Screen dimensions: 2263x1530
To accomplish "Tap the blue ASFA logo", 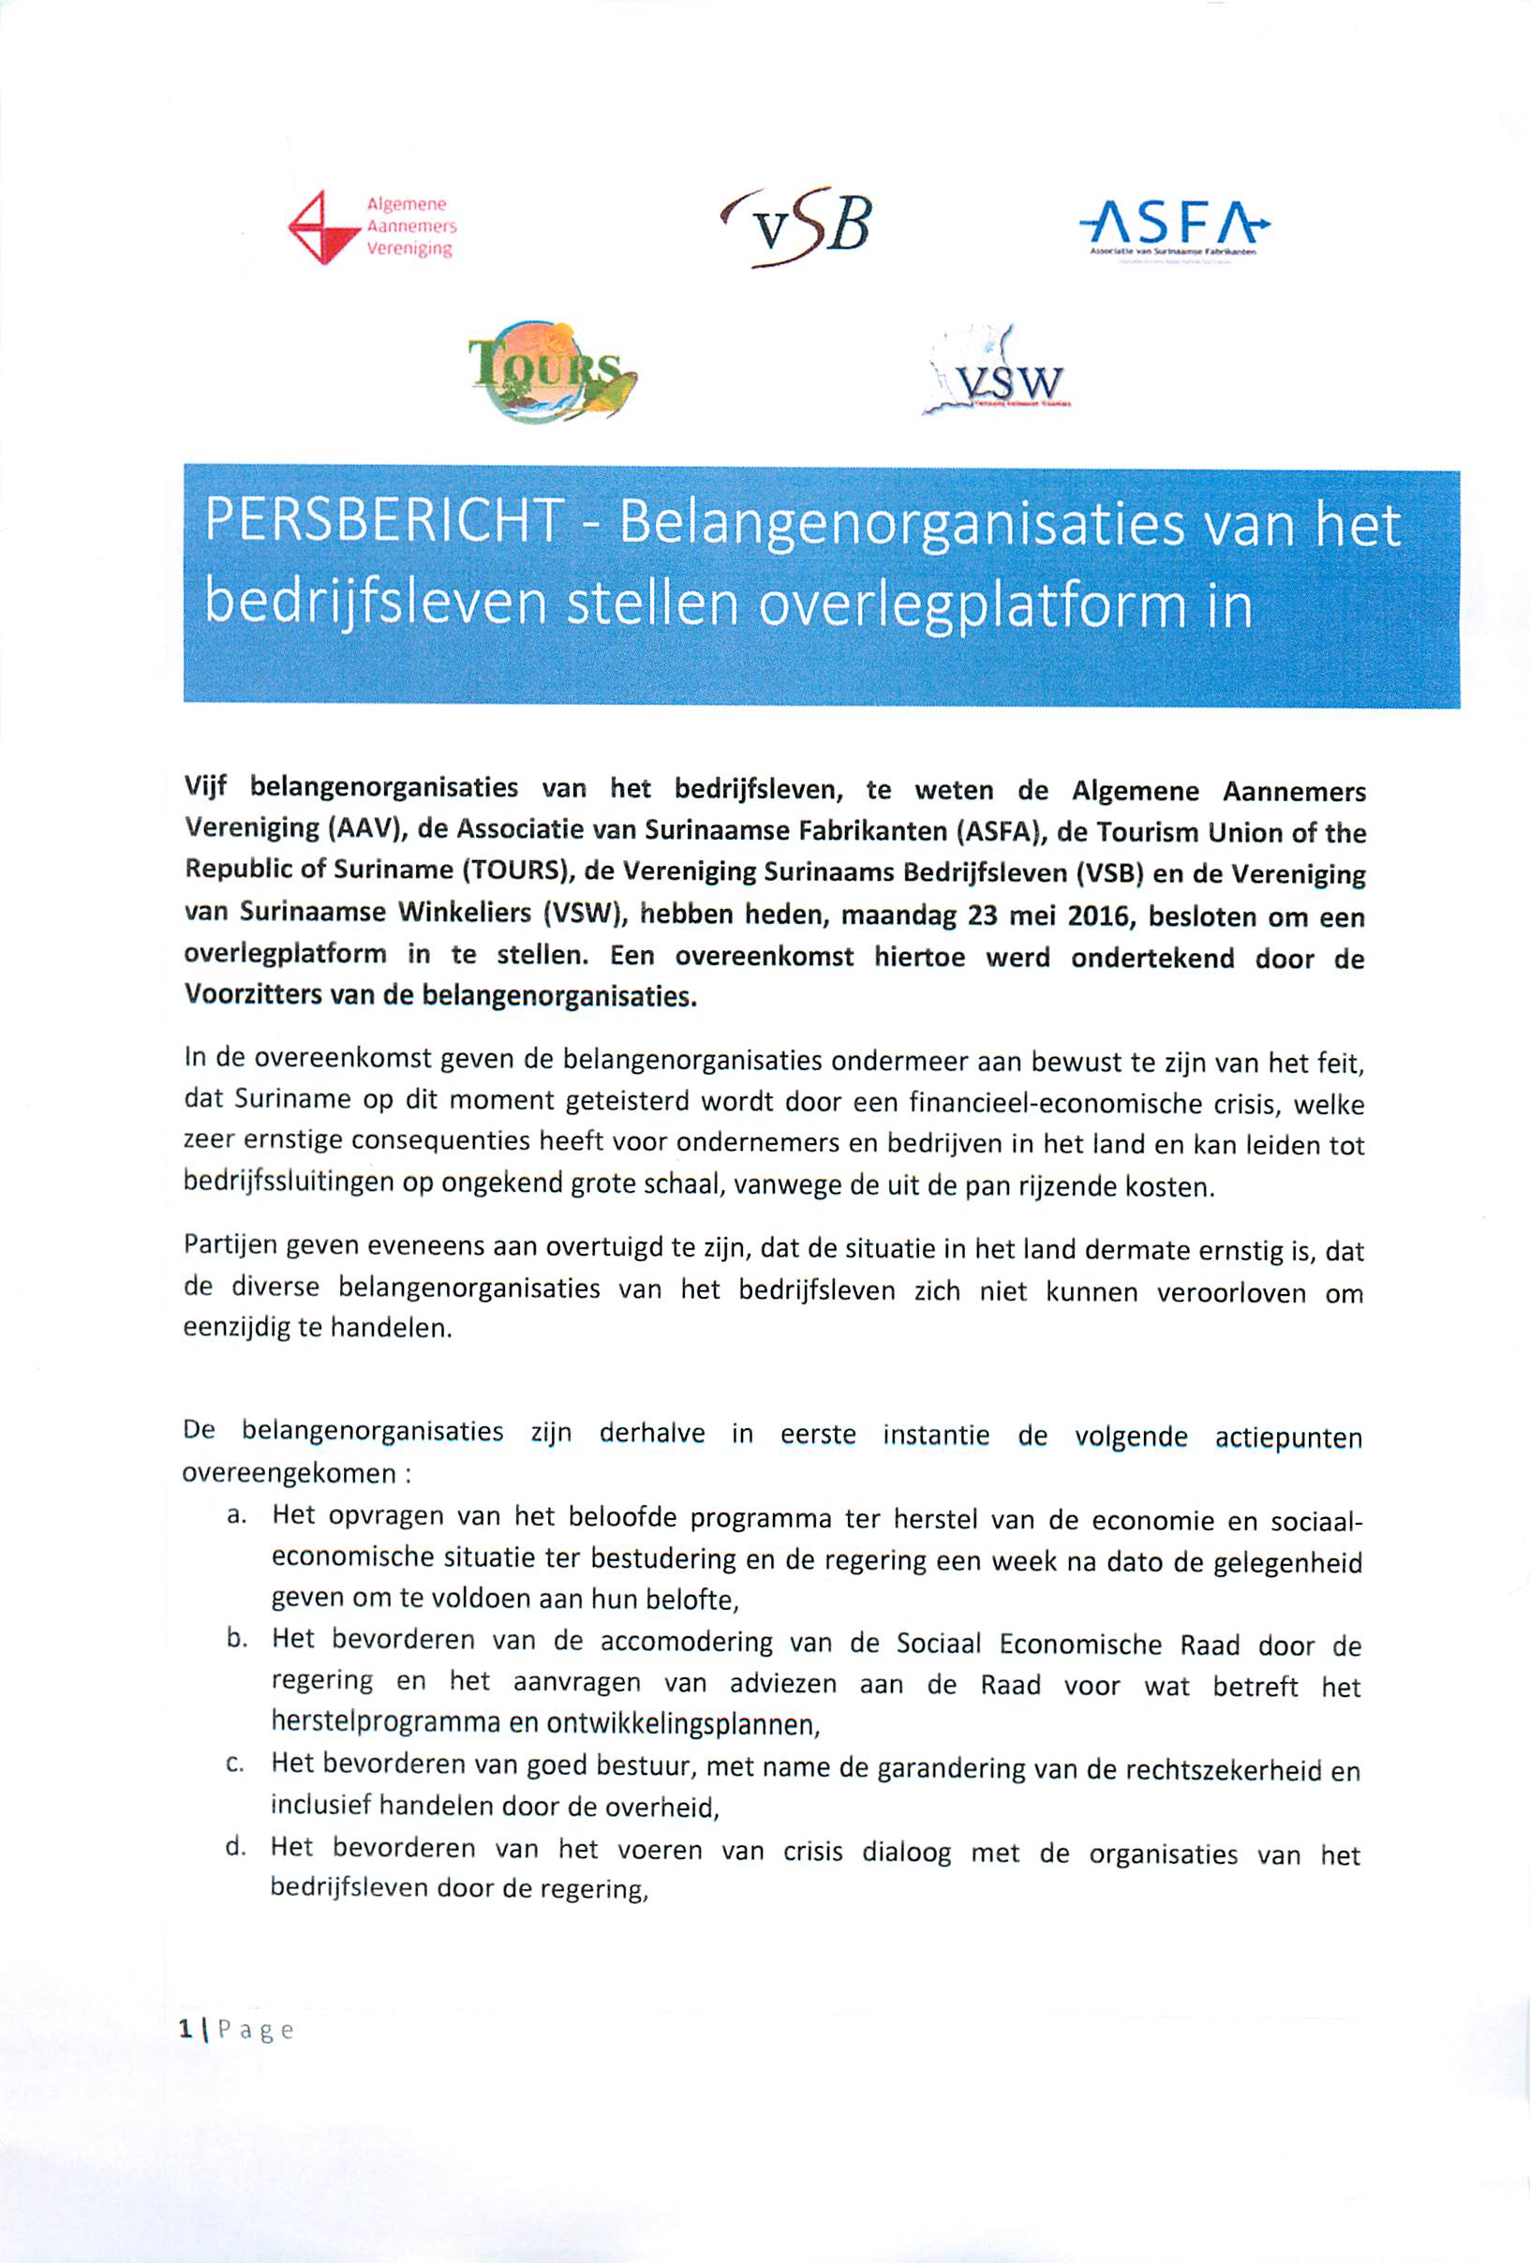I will pyautogui.click(x=1175, y=226).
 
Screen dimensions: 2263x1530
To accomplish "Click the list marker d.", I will pyautogui.click(x=233, y=1847).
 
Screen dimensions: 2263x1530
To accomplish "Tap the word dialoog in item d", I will pyautogui.click(x=907, y=1851).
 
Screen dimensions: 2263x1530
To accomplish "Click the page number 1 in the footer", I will pyautogui.click(x=185, y=2031).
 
